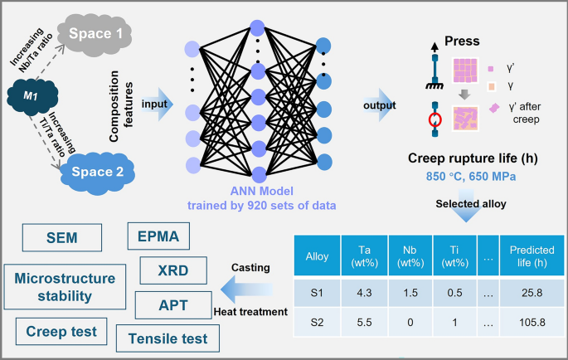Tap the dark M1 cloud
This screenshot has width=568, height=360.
pos(31,98)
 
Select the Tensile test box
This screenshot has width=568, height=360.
pos(167,338)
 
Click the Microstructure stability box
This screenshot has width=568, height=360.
pos(65,285)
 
